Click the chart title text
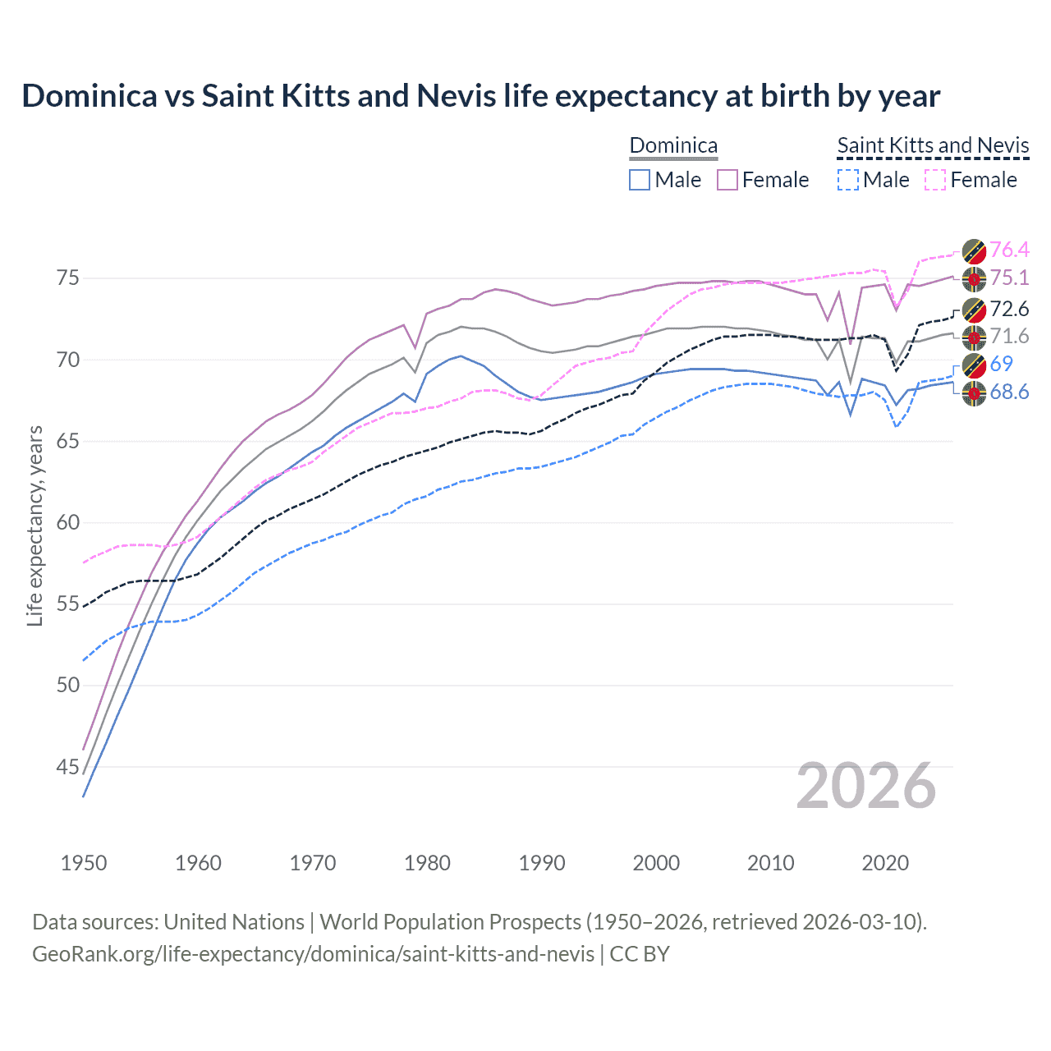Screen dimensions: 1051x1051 pos(480,96)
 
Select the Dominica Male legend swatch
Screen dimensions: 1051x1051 pos(640,180)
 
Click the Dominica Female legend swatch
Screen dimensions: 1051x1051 pos(727,180)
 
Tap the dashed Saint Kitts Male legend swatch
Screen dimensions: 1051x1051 pos(847,180)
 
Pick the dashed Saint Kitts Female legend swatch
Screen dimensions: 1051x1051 pos(935,180)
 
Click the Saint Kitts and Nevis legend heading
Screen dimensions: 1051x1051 pos(933,145)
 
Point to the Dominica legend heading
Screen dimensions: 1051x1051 pos(673,145)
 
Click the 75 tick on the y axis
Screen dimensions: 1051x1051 pos(68,278)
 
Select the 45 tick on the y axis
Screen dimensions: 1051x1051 pos(68,767)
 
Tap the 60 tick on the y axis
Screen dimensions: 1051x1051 pos(68,523)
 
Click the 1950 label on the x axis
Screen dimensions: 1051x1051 pos(84,863)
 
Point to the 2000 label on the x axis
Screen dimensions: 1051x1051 pos(656,863)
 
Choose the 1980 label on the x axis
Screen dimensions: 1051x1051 pos(427,863)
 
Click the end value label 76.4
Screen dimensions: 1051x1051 pos(1009,250)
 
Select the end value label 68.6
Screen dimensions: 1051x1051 pos(1009,392)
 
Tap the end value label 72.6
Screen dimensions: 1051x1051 pos(1009,309)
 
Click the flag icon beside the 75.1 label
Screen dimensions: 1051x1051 pos(974,278)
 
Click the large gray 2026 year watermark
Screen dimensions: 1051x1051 pos(865,786)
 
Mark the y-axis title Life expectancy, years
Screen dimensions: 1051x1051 pos(34,525)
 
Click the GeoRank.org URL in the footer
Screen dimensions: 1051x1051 pos(313,954)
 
